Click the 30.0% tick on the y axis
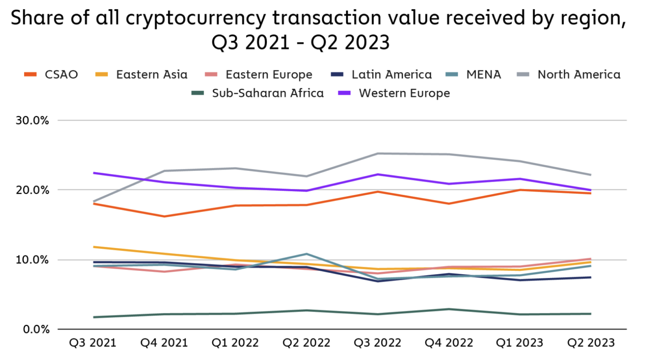[x=32, y=121]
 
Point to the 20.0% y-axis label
[x=32, y=190]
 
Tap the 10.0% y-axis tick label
[x=32, y=260]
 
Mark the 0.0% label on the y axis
[x=36, y=330]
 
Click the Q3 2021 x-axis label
[x=92, y=343]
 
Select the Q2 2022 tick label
[x=306, y=343]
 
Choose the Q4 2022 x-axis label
[x=449, y=343]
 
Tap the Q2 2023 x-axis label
[x=591, y=343]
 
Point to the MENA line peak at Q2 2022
[x=307, y=254]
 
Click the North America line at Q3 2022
[x=378, y=153]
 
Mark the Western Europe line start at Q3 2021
[x=93, y=173]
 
